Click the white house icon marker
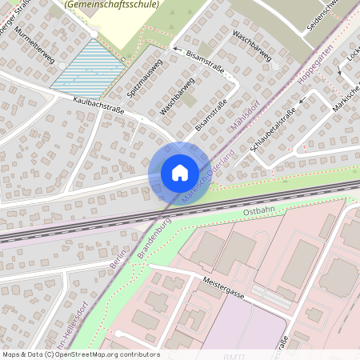[180, 172]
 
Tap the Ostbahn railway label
[258, 211]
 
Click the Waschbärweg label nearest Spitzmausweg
[177, 95]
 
